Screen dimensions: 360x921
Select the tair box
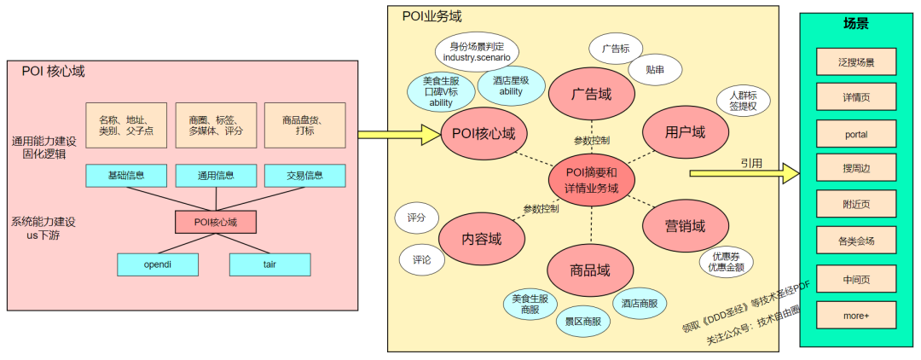[269, 264]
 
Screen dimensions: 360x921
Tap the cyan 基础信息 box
[126, 177]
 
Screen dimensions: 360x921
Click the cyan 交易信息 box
[304, 177]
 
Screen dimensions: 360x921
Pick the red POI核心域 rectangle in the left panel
[215, 223]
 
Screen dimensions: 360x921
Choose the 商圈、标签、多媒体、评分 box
[216, 125]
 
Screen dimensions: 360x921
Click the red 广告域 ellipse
[592, 94]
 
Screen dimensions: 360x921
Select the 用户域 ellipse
[685, 132]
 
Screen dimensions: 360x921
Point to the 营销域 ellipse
[685, 226]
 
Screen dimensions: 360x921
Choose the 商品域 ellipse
[591, 271]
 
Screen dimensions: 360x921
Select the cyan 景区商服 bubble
[583, 322]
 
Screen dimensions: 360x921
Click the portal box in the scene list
[855, 135]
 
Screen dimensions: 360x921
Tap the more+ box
[855, 316]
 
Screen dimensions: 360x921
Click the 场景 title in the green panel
[855, 24]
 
